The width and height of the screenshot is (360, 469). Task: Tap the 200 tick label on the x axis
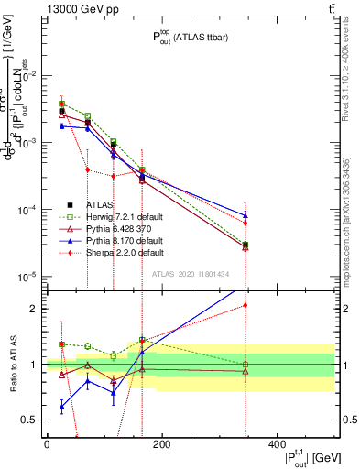coord(161,444)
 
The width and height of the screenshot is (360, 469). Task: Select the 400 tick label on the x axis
coord(276,444)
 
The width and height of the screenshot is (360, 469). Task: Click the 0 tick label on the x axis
coord(47,444)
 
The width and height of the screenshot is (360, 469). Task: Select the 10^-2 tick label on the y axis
coord(26,76)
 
